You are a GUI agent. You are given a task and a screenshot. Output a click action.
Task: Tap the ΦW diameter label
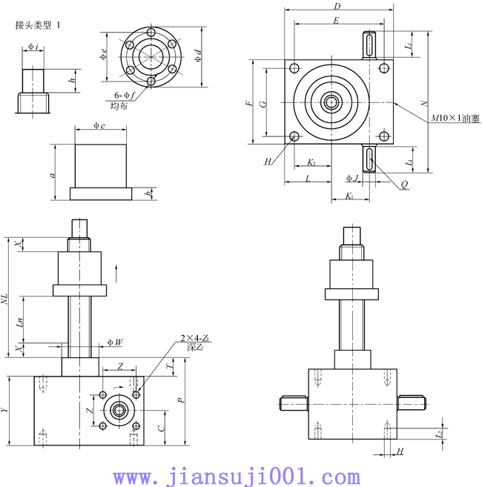click(114, 342)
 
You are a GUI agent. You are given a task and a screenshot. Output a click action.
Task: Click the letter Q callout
click(404, 185)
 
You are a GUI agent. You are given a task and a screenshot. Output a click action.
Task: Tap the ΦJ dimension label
click(353, 179)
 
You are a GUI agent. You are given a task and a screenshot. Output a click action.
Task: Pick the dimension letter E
click(336, 21)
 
